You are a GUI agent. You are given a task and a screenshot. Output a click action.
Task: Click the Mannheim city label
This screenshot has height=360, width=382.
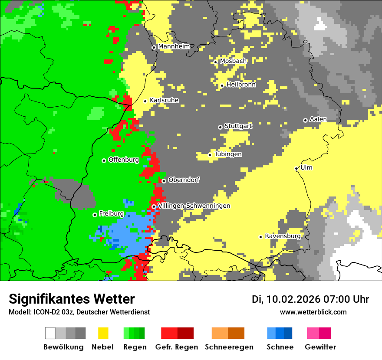[x=174, y=46]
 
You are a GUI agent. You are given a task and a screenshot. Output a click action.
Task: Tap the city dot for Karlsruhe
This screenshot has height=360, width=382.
[x=145, y=101]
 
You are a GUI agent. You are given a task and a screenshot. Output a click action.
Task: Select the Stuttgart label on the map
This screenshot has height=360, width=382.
[x=238, y=126]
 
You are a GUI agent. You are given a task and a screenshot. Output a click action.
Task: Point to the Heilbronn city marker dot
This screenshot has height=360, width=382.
[x=222, y=85]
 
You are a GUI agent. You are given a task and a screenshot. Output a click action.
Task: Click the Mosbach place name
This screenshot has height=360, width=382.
[x=233, y=61]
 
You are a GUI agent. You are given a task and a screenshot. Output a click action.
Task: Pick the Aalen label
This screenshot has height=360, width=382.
[x=318, y=119]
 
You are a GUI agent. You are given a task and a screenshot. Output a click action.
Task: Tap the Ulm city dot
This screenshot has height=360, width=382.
[x=296, y=168]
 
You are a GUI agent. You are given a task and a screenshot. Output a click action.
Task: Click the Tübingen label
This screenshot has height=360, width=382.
[x=228, y=154]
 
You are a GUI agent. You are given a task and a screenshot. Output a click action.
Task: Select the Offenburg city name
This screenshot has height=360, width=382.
[x=124, y=160]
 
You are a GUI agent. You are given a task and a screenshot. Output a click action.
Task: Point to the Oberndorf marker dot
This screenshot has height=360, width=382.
[x=164, y=181]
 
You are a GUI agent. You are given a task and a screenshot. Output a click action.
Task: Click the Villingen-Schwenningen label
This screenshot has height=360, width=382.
[x=194, y=206]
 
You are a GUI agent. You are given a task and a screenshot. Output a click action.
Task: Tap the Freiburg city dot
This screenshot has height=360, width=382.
[x=95, y=215]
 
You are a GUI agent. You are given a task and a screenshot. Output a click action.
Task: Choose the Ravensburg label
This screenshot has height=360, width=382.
[x=283, y=236]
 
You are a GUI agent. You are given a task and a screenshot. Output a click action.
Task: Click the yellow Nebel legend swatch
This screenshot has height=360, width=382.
[x=103, y=333]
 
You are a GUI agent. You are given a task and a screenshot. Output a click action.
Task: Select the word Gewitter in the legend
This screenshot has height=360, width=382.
[x=320, y=347]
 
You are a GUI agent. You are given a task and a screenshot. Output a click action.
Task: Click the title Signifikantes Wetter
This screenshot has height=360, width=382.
[x=72, y=299]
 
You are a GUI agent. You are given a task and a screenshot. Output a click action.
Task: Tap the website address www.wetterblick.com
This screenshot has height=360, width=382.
[x=313, y=312]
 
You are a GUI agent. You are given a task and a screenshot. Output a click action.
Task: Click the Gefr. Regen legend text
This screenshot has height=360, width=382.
[x=177, y=347]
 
